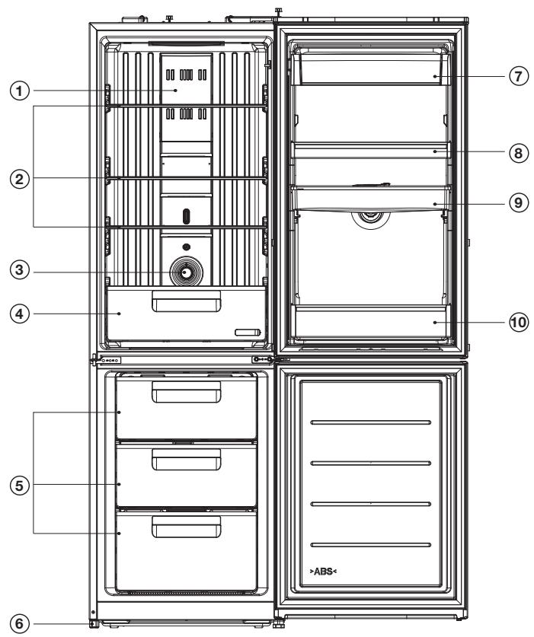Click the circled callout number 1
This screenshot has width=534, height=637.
tap(20, 91)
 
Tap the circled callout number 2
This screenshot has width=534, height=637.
tap(20, 179)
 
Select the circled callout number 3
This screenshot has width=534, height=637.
tap(20, 269)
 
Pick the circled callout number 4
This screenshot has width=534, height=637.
tap(20, 314)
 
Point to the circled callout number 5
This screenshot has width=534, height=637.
tap(20, 485)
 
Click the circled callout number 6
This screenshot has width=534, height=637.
tap(20, 624)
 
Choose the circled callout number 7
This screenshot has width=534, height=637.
tap(518, 76)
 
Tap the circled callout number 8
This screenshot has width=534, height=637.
tap(518, 153)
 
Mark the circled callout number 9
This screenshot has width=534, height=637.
tap(518, 202)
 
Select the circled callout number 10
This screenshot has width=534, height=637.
tap(518, 323)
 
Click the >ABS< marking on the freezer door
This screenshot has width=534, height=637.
tap(323, 572)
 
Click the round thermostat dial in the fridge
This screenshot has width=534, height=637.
tap(186, 272)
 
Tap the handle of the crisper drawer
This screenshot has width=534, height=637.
tap(187, 301)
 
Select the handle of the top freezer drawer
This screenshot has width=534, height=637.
tap(187, 392)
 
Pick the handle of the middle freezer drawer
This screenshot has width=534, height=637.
tap(187, 460)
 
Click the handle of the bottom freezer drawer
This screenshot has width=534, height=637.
tap(187, 527)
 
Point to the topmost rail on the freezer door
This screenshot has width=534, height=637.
tap(370, 422)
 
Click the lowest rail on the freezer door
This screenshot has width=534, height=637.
tap(370, 545)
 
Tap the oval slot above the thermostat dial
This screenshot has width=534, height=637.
tap(186, 216)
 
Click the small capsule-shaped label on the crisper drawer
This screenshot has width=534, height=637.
tap(248, 333)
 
